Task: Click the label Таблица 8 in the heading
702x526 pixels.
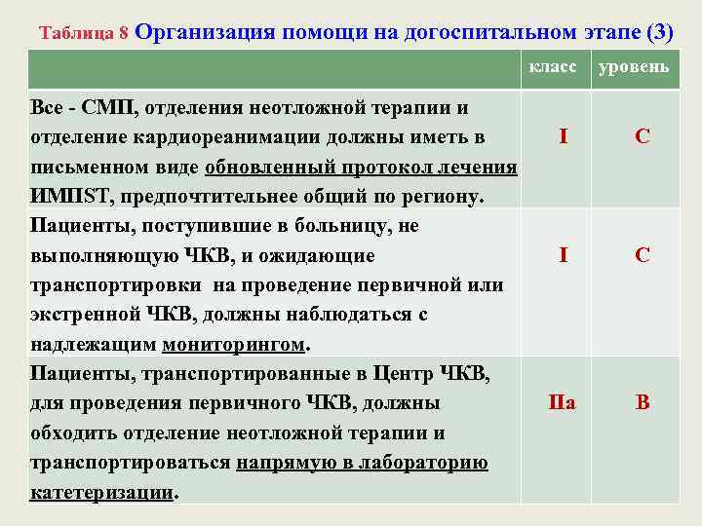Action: coord(84,32)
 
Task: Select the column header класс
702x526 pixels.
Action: coord(553,66)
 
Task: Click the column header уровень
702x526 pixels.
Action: coord(634,66)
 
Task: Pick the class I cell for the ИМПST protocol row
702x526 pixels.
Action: coord(564,136)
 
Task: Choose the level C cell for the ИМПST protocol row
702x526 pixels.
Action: coord(642,136)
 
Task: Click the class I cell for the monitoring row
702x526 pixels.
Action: coord(564,255)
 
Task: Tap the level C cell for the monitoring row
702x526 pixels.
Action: coord(642,255)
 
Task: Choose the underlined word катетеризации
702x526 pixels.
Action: coord(100,493)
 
